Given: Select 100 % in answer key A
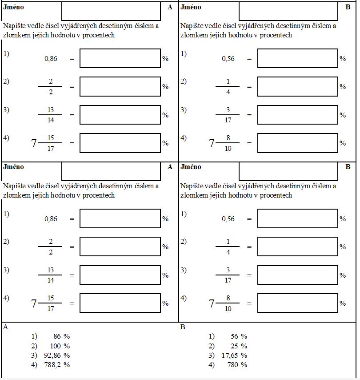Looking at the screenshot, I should (x=60, y=346).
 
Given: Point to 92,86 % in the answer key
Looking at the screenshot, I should (x=57, y=356).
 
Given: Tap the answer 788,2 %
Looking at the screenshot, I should (x=57, y=365).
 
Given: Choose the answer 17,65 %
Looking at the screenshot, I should (x=234, y=356).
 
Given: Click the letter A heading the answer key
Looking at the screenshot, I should (x=6, y=327).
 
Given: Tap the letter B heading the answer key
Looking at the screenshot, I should (x=183, y=327).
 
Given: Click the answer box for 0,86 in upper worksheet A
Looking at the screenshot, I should (x=120, y=58).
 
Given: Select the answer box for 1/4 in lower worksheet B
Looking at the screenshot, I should (x=297, y=247).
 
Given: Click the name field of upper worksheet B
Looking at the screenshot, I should (x=288, y=11).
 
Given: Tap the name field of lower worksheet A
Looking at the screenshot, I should (x=111, y=171).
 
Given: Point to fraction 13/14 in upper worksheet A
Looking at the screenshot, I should (x=50, y=115).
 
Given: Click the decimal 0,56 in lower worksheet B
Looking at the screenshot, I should (x=228, y=219).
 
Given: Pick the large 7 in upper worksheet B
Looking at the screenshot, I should (x=212, y=143).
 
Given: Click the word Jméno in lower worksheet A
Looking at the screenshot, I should (x=14, y=167).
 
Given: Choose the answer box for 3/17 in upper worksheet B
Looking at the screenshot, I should (x=297, y=115).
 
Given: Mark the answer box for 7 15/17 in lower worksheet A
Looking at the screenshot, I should (x=120, y=303).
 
